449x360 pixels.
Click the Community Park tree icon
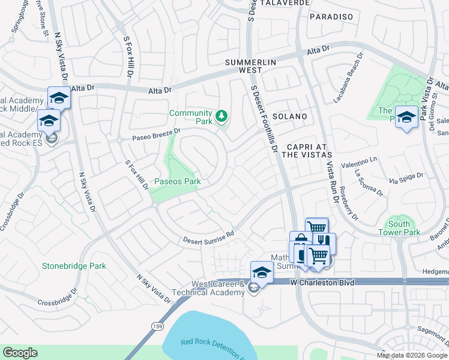pyautogui.click(x=222, y=115)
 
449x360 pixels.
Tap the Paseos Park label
pyautogui.click(x=177, y=181)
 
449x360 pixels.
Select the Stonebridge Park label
pyautogui.click(x=74, y=266)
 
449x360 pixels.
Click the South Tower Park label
pyautogui.click(x=403, y=228)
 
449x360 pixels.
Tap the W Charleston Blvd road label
pyautogui.click(x=320, y=282)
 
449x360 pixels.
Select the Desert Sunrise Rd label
pyautogui.click(x=208, y=237)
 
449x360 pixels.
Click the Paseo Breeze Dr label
pyautogui.click(x=156, y=135)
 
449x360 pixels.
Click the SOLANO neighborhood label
pyautogui.click(x=289, y=116)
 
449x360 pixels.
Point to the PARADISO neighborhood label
pyautogui.click(x=331, y=17)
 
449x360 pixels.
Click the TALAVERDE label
pyautogui.click(x=286, y=3)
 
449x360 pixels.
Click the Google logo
pyautogui.click(x=20, y=353)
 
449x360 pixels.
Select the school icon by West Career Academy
pyautogui.click(x=261, y=272)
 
